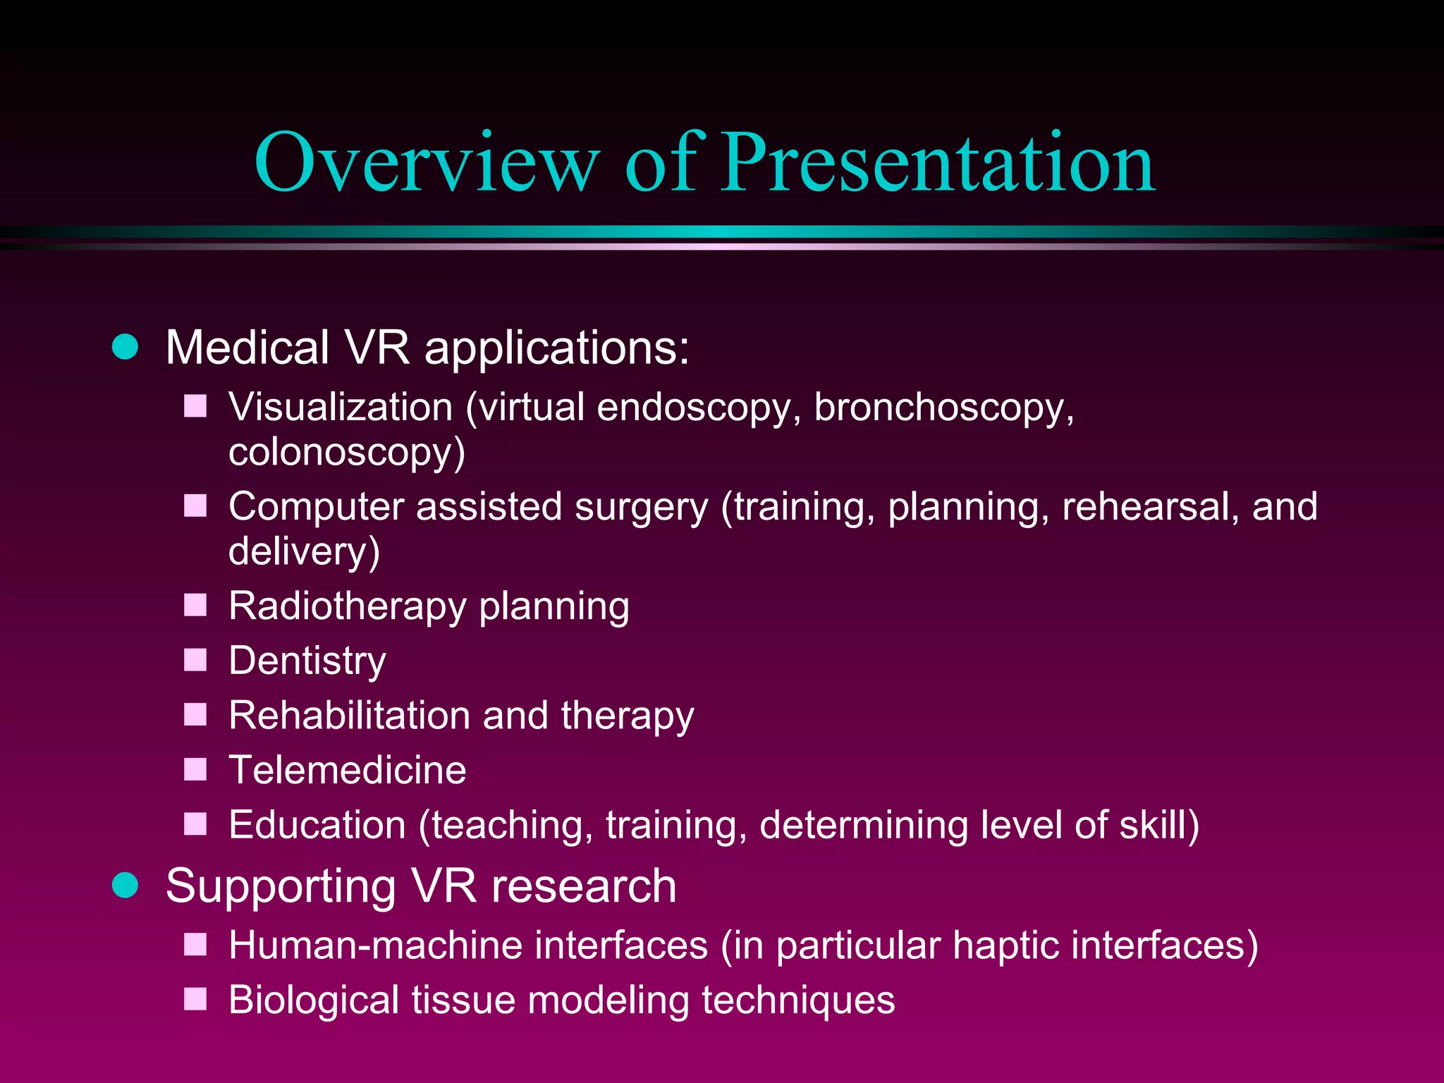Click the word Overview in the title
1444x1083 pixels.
[x=426, y=164]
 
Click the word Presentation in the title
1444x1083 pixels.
[x=938, y=164]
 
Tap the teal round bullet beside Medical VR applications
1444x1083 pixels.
[x=126, y=347]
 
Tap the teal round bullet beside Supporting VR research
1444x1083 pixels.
[x=126, y=886]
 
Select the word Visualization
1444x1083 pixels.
[x=341, y=408]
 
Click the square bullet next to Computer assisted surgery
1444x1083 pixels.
[x=195, y=506]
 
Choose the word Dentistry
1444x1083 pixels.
[x=307, y=661]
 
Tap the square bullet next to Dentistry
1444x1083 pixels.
[x=195, y=660]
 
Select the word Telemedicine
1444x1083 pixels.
[x=347, y=770]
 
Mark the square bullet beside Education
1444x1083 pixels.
[x=195, y=824]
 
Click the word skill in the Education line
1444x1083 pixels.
[x=1156, y=825]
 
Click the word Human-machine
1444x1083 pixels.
[x=467, y=946]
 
